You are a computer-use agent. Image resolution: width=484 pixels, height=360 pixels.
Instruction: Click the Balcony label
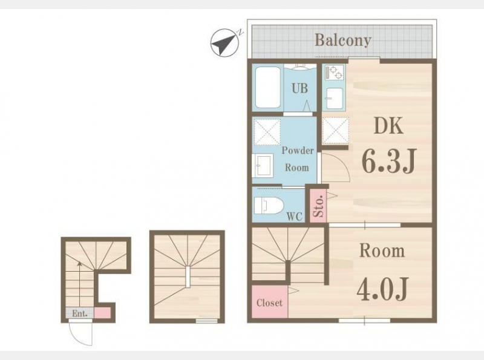[342, 40]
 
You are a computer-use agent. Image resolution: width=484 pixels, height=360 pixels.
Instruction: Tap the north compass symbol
[224, 43]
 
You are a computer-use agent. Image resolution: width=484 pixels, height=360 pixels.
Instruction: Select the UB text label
[299, 88]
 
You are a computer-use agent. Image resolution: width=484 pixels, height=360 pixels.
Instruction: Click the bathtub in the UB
[268, 87]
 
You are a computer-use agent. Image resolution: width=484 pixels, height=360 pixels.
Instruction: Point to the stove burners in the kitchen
[335, 73]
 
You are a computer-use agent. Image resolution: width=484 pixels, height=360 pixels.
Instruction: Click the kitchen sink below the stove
[335, 99]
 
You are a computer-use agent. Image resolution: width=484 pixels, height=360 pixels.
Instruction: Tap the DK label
[388, 126]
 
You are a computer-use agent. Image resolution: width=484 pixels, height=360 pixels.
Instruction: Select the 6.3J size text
[389, 161]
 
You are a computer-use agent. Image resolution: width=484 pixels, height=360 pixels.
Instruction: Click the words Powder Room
[297, 159]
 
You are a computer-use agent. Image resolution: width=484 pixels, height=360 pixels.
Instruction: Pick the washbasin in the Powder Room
[263, 166]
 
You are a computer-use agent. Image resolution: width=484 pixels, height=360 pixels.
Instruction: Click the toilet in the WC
[269, 206]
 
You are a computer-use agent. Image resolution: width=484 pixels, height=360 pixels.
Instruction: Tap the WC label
[295, 217]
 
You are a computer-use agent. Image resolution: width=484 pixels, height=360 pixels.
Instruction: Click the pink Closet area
[269, 302]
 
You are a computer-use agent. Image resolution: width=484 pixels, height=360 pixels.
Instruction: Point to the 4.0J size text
[383, 289]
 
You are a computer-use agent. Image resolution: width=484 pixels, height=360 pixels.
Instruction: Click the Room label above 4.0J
[382, 250]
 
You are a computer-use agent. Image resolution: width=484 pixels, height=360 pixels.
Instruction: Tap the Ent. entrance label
[80, 313]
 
